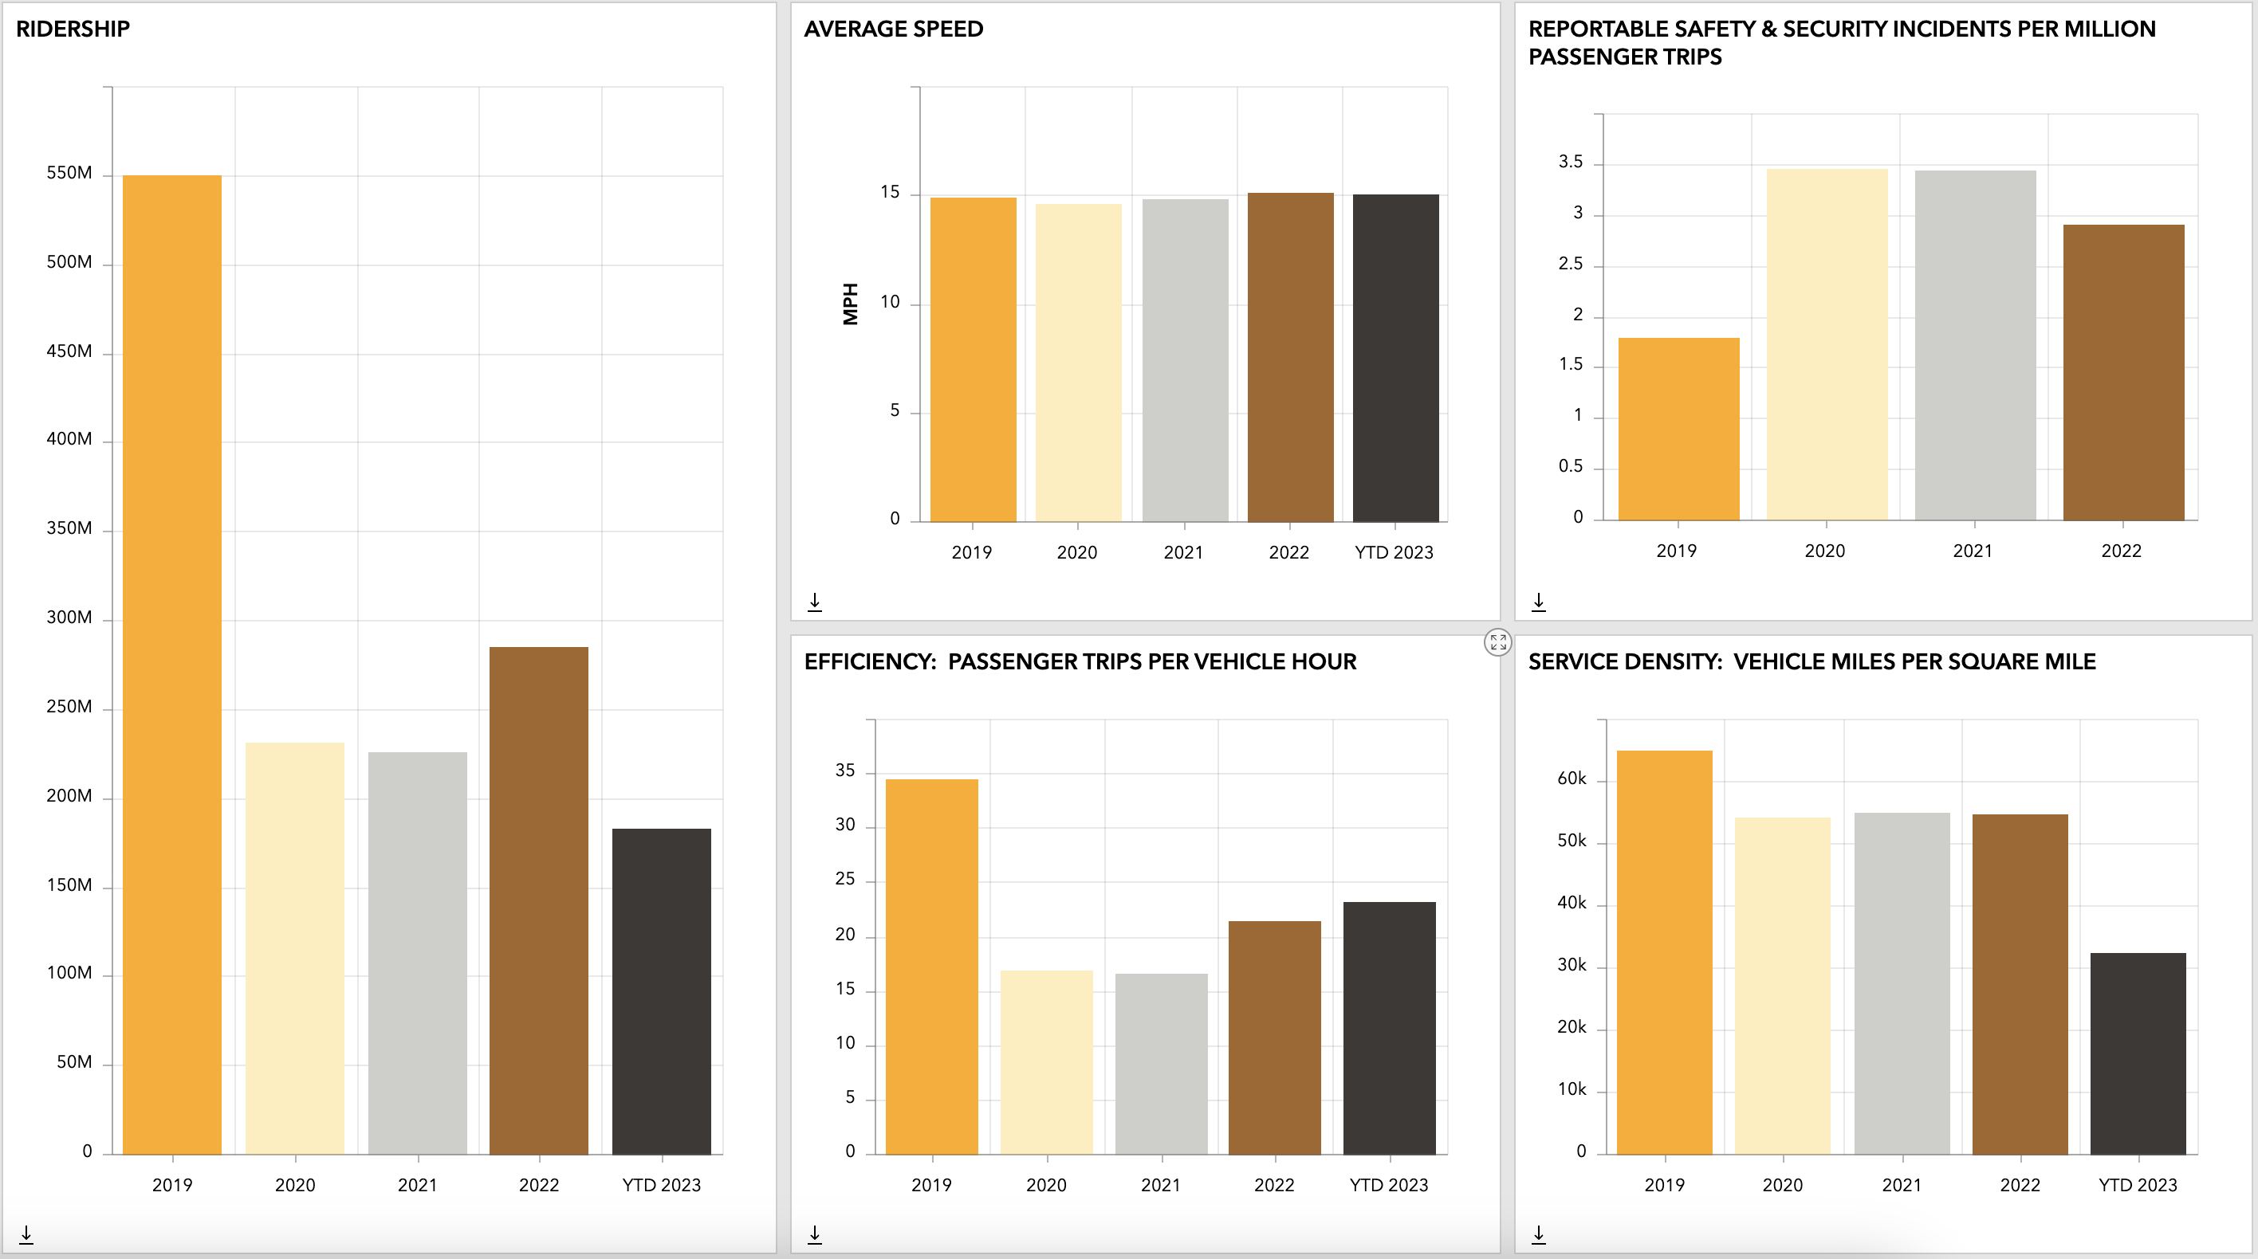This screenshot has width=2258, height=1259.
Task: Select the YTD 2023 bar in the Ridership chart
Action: click(x=662, y=991)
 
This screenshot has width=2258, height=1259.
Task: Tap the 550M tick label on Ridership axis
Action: click(x=69, y=174)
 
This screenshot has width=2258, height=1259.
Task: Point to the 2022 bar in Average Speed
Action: click(x=1290, y=357)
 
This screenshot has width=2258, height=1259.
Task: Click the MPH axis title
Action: click(x=850, y=304)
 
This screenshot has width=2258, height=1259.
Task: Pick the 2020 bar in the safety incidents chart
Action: click(x=1827, y=344)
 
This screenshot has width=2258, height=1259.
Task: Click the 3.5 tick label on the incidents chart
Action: click(x=1571, y=162)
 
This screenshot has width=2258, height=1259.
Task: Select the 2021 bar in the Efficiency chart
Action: click(x=1162, y=1064)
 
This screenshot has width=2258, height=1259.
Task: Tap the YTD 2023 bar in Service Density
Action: click(x=2138, y=1053)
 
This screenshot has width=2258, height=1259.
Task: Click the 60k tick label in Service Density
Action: click(x=1572, y=779)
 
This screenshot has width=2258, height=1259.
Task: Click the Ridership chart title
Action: click(x=73, y=29)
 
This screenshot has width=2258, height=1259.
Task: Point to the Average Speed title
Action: click(x=893, y=29)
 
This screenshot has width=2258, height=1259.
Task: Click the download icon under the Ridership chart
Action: click(x=26, y=1234)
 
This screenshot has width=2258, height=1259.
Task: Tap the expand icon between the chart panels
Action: click(x=1498, y=642)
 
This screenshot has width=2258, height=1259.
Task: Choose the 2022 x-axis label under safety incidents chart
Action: click(x=2121, y=551)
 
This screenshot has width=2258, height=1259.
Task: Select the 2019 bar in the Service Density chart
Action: click(x=1665, y=952)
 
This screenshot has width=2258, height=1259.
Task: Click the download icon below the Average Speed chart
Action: click(x=814, y=602)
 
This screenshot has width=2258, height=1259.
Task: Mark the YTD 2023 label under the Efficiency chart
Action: click(x=1388, y=1186)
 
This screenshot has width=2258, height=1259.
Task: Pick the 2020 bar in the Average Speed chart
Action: click(x=1078, y=363)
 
